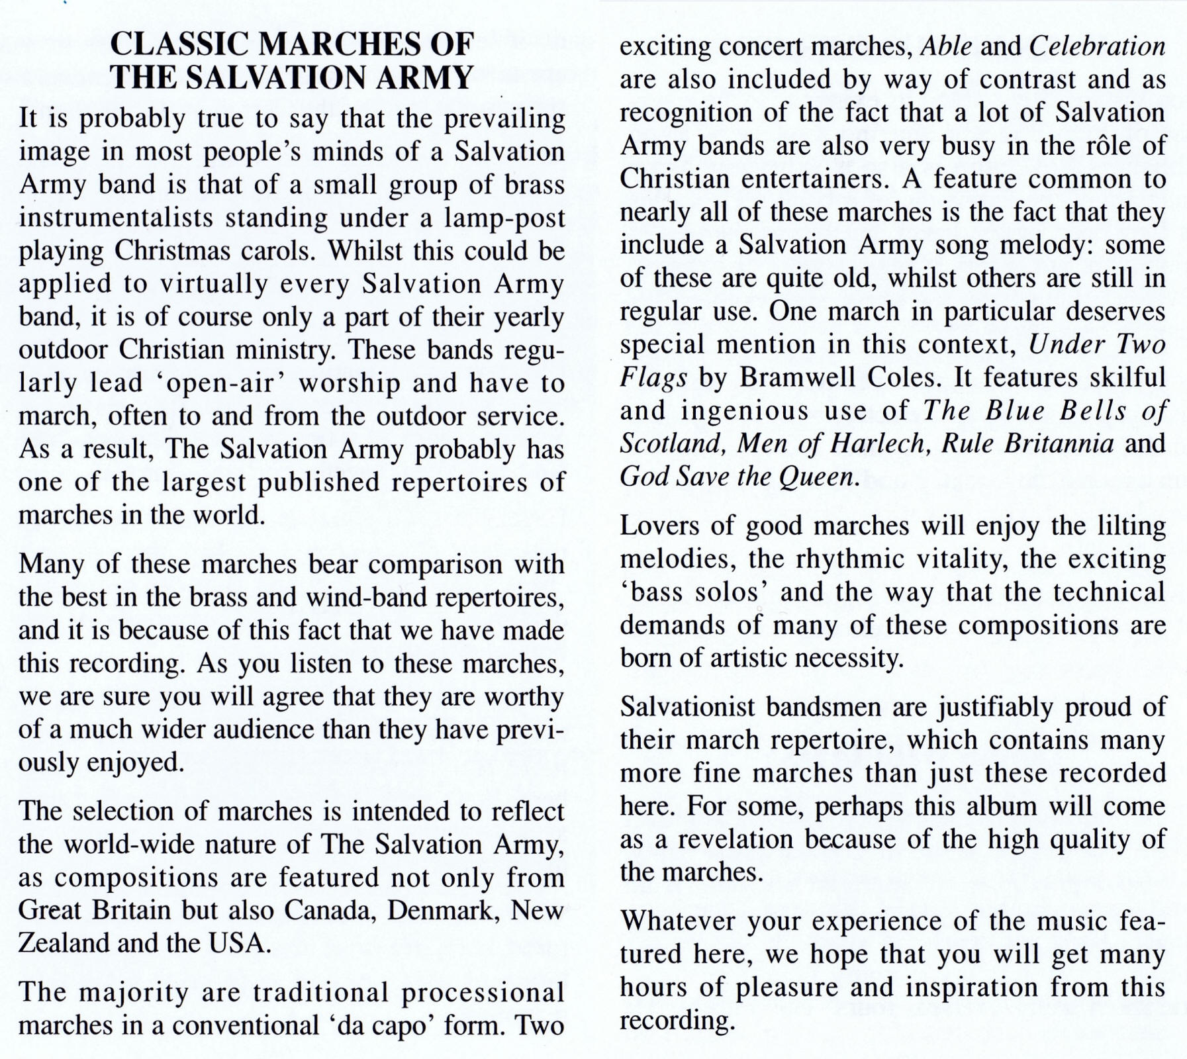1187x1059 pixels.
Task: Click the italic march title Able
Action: (x=947, y=46)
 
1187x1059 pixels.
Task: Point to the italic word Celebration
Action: (x=1098, y=46)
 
